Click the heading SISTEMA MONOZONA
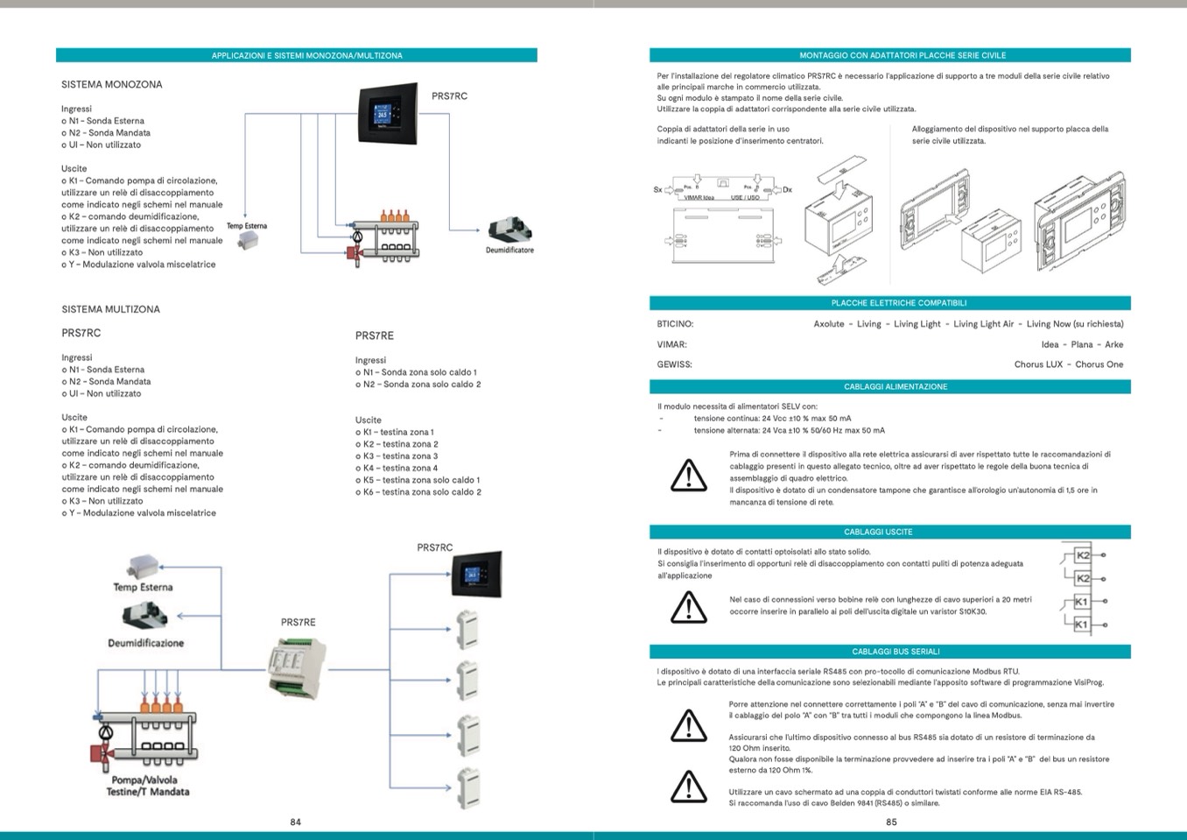112,85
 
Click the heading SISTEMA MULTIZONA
111,309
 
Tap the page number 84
296,822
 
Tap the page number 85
891,822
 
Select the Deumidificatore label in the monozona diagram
509,251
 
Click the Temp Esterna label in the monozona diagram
247,226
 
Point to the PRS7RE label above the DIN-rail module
299,622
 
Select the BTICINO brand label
675,324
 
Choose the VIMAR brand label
671,344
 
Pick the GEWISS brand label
674,364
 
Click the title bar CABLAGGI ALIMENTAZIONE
889,386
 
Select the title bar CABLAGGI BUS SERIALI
889,652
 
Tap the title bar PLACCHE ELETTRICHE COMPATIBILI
889,303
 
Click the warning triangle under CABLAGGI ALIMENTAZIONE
689,475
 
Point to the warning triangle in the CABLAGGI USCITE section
689,606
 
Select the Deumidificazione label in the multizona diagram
146,643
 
